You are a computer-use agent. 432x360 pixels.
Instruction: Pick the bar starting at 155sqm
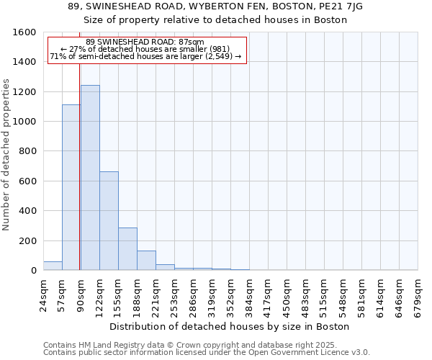[127, 249]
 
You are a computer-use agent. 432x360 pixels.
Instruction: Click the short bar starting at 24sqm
[53, 266]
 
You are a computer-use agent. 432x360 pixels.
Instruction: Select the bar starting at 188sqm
[146, 261]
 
